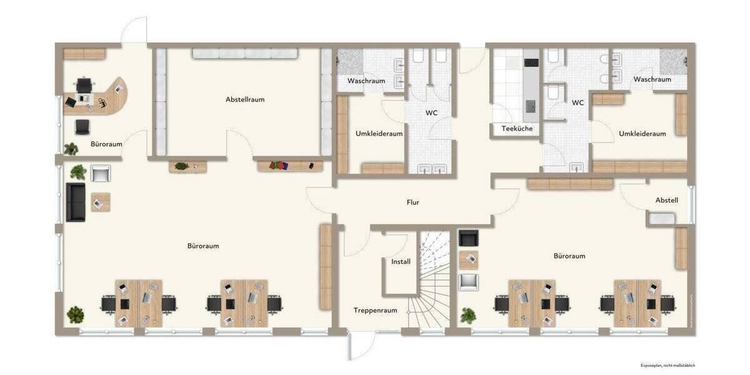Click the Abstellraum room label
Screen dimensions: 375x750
(x=245, y=99)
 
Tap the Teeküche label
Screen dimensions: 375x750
(x=517, y=129)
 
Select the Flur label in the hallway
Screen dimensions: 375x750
(x=412, y=202)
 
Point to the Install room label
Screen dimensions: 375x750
(x=401, y=261)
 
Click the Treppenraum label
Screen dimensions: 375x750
(x=376, y=310)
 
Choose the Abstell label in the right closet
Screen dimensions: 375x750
(x=666, y=200)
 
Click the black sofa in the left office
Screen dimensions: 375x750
(x=76, y=202)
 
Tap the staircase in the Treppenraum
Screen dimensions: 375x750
(x=434, y=278)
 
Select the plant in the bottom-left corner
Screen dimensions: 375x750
(x=76, y=313)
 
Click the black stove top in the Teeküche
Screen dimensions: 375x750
(x=531, y=62)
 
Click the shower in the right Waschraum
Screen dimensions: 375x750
(x=672, y=61)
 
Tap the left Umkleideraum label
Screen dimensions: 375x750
(x=379, y=133)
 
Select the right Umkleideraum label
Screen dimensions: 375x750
(x=642, y=133)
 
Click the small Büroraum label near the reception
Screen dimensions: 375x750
(x=106, y=144)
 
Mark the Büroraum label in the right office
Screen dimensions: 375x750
(x=569, y=256)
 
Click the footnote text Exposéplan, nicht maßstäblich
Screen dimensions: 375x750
(x=667, y=365)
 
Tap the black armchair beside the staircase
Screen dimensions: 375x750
(x=468, y=237)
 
